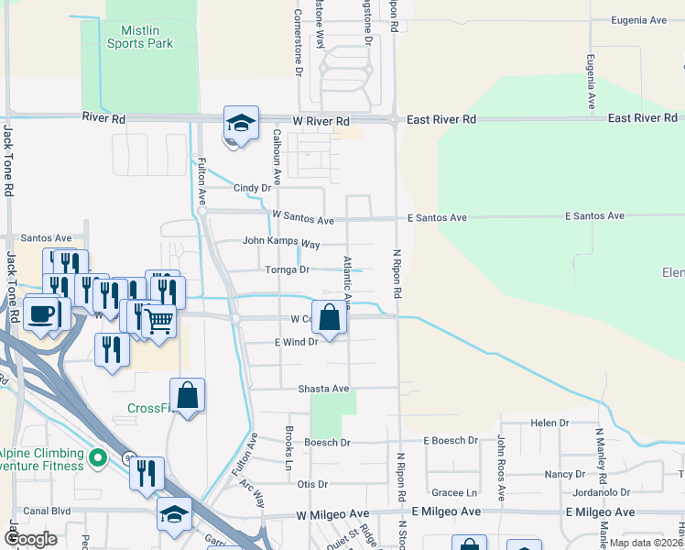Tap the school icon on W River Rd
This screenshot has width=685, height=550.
click(242, 125)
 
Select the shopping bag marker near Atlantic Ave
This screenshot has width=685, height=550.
click(330, 318)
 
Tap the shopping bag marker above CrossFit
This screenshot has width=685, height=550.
click(187, 396)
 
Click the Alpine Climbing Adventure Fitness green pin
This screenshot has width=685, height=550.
click(101, 456)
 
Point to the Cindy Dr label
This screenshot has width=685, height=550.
click(253, 188)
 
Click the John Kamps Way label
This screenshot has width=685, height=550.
click(281, 243)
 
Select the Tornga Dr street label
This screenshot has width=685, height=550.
click(288, 269)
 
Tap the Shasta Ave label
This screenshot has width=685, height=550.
click(323, 389)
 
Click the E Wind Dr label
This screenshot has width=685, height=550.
click(296, 342)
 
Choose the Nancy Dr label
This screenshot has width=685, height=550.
click(564, 474)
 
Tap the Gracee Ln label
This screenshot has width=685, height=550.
click(455, 492)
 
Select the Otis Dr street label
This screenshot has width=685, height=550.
click(312, 484)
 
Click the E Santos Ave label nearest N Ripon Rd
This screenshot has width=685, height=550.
click(437, 217)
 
